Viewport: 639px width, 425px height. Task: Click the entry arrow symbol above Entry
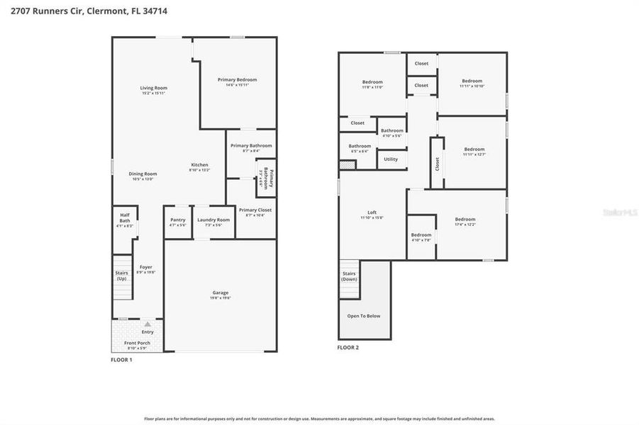(148, 324)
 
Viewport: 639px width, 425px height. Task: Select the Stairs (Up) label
(121, 276)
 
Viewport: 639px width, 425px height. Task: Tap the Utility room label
(391, 159)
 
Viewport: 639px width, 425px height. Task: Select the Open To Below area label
(364, 316)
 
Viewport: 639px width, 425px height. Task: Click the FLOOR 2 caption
(348, 348)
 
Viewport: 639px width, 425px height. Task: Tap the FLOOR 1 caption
(121, 360)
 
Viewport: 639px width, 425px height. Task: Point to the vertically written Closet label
(438, 164)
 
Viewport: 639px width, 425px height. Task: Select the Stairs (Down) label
(349, 276)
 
